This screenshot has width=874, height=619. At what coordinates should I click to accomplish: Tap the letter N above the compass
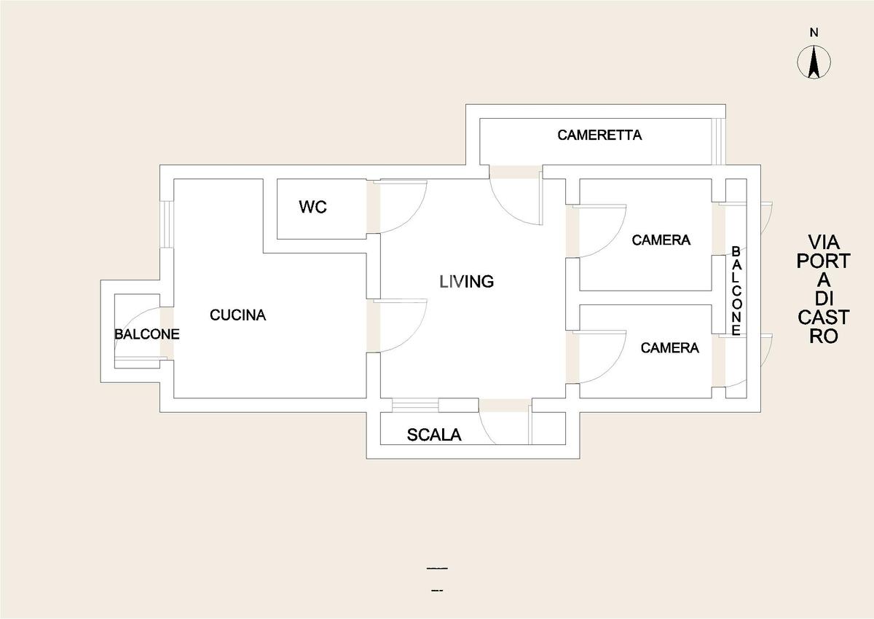click(814, 33)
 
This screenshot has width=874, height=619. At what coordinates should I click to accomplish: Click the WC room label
click(312, 207)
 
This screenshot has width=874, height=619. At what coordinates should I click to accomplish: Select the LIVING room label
click(467, 281)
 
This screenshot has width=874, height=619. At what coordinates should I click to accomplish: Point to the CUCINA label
click(238, 315)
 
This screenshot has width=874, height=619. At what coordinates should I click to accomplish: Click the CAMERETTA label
click(599, 135)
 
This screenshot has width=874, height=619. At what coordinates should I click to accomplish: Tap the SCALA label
click(434, 435)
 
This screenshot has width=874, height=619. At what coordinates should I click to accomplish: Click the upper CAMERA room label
click(661, 240)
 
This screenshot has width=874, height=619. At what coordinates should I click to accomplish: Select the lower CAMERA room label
click(669, 348)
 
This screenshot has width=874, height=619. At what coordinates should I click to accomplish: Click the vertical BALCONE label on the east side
click(736, 291)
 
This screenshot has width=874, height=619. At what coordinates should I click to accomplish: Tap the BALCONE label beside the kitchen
click(146, 334)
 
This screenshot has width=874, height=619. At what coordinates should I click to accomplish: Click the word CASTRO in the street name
click(823, 326)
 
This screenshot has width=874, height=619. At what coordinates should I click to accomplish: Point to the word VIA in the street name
click(824, 243)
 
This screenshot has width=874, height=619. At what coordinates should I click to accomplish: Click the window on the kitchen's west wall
click(167, 224)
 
